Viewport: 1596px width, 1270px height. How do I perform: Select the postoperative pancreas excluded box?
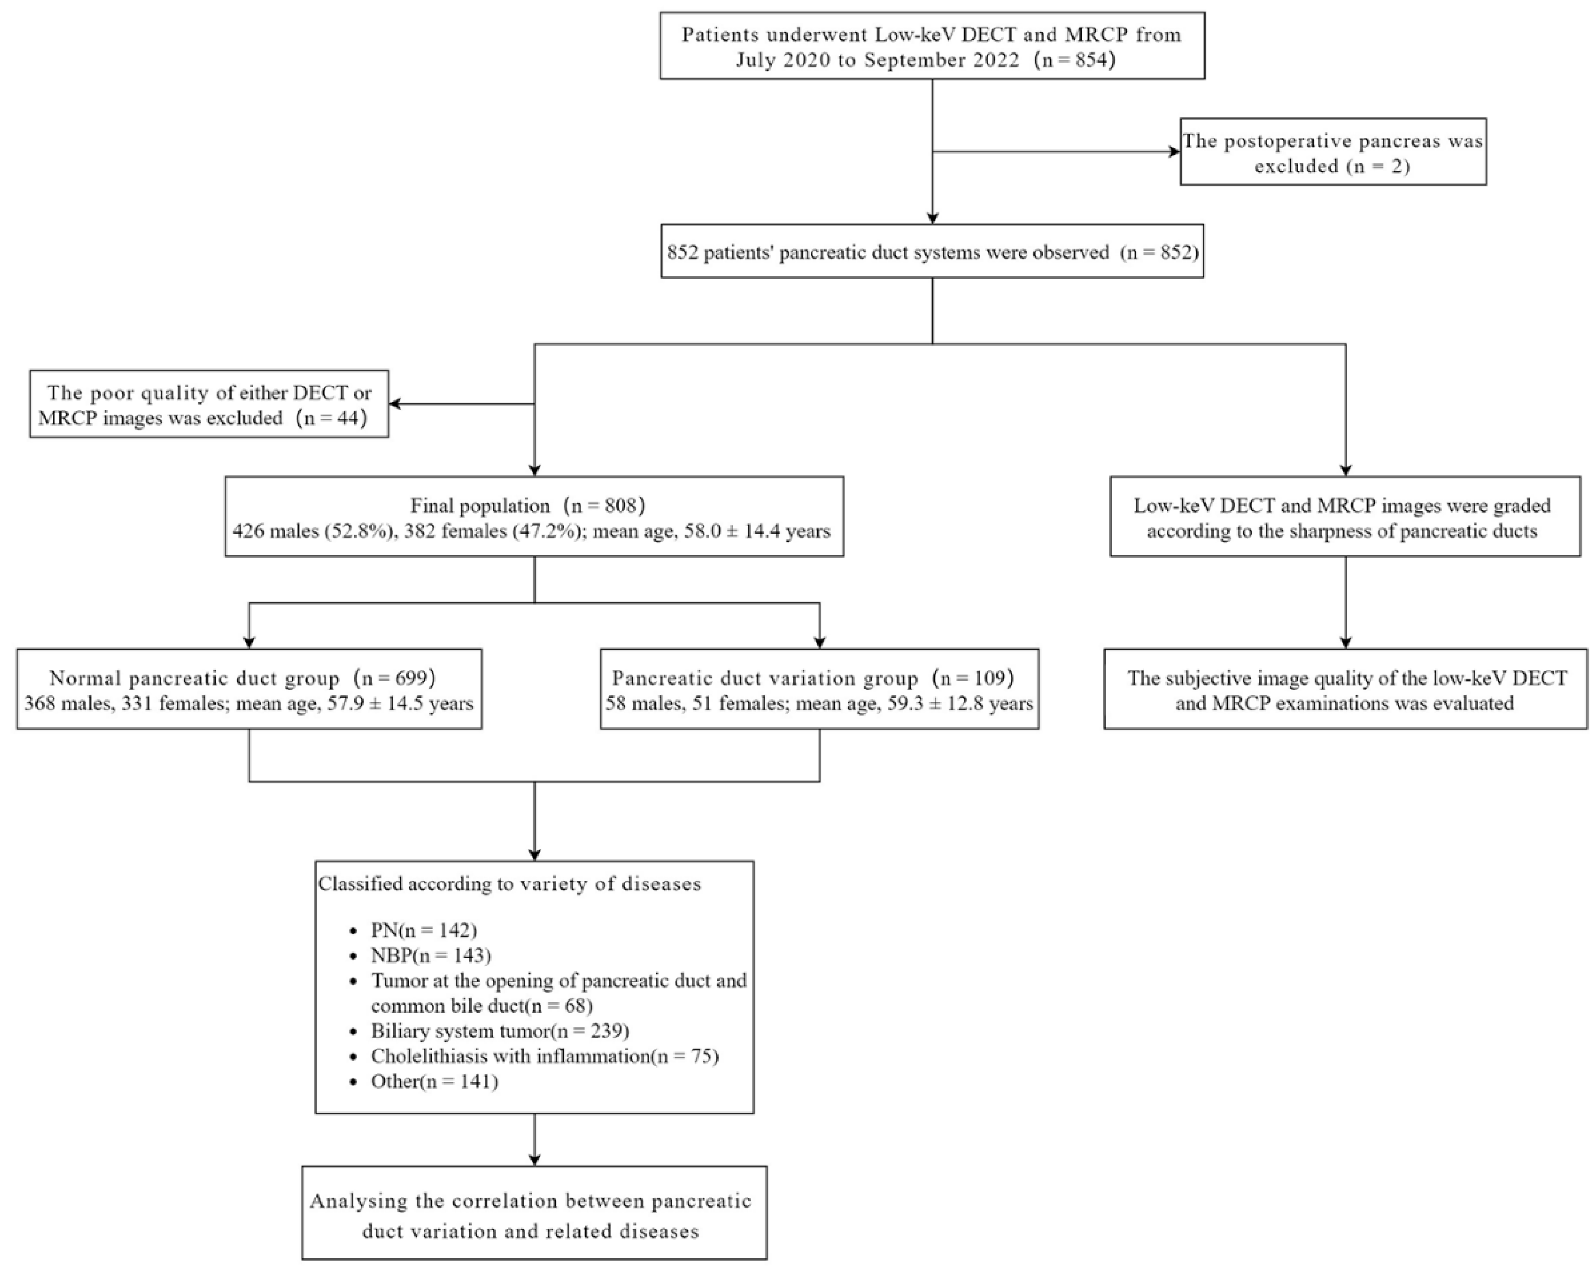click(x=1332, y=152)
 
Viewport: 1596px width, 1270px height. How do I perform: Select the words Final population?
click(x=481, y=506)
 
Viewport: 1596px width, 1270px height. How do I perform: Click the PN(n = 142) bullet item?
click(x=424, y=930)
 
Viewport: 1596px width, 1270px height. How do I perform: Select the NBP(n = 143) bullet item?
click(x=431, y=955)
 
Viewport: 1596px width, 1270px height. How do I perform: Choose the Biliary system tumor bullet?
click(x=500, y=1031)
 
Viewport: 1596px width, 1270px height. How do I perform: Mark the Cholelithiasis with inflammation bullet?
click(x=544, y=1056)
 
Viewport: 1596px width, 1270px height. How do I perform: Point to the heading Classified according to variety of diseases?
click(x=509, y=884)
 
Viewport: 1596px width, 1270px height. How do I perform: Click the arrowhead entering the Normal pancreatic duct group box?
click(x=249, y=641)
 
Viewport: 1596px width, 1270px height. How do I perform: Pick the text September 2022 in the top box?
click(x=942, y=60)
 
